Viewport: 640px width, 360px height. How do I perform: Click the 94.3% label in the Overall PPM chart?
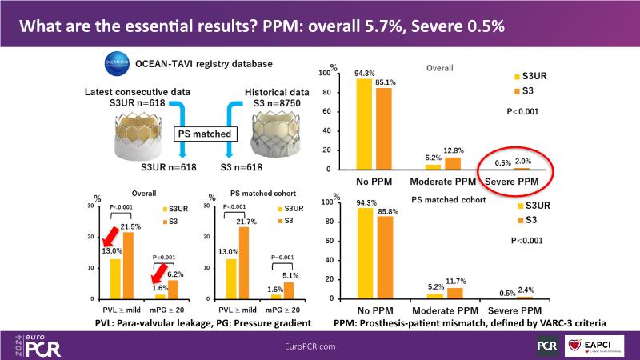pyautogui.click(x=365, y=71)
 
